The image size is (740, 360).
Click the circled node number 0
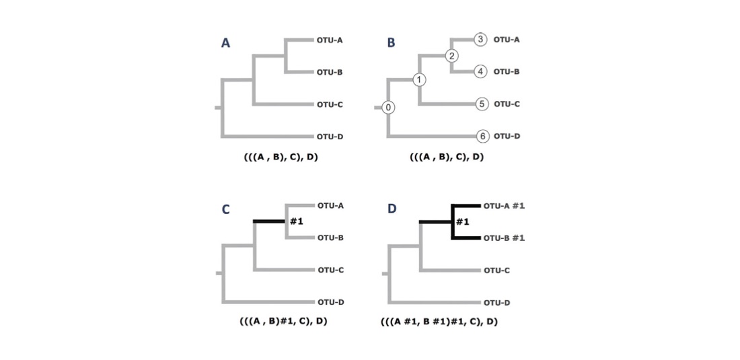(x=389, y=108)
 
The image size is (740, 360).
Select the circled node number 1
(x=420, y=80)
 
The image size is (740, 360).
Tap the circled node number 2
(x=452, y=55)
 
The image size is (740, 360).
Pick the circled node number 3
(x=480, y=39)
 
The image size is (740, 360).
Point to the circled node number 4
(x=480, y=71)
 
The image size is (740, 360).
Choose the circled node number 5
(x=481, y=104)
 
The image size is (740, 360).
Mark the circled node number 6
(x=481, y=136)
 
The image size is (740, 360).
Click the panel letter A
(x=226, y=43)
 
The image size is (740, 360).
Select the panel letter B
(x=391, y=43)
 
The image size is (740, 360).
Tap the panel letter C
(x=226, y=209)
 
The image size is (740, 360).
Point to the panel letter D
(x=392, y=209)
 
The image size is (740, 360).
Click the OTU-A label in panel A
(x=330, y=40)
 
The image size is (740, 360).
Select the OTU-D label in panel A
(x=330, y=137)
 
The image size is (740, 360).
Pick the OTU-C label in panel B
(x=507, y=104)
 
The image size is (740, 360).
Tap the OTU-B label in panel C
(x=330, y=238)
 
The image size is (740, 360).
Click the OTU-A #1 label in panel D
(x=504, y=205)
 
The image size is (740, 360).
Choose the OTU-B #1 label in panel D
(x=504, y=238)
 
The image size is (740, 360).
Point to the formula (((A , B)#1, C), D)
(x=283, y=321)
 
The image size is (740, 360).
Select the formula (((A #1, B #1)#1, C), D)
(x=439, y=322)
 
